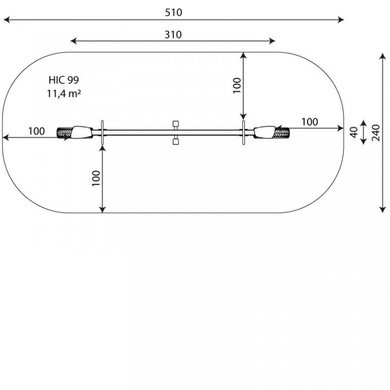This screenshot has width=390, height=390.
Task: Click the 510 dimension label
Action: point(173,12)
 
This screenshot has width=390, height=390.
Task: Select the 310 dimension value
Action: point(173,35)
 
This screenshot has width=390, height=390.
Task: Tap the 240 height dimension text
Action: point(376,133)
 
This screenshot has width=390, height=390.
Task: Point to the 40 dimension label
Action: point(353,132)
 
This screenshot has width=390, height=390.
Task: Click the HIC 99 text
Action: point(63,80)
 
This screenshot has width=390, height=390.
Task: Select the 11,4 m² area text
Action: point(64,94)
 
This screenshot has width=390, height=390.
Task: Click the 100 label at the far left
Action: point(37,131)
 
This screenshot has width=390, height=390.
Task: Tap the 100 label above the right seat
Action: point(310,122)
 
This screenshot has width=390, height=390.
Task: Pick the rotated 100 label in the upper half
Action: point(237,85)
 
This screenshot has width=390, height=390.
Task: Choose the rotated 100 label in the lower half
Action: point(96,178)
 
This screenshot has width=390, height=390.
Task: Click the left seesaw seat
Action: point(82,133)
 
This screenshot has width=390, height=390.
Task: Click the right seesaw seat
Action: point(265,133)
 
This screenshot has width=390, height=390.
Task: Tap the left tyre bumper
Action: point(64,133)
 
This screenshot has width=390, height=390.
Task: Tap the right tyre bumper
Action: point(282,133)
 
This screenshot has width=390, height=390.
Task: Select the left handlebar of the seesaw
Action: point(102,133)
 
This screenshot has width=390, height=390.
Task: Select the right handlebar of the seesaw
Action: point(244,133)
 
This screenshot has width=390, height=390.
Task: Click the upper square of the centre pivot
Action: point(176,124)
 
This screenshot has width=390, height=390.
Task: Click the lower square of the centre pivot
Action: point(176,142)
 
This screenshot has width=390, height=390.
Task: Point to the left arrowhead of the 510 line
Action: point(7,20)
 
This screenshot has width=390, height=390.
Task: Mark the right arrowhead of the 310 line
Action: point(272,41)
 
